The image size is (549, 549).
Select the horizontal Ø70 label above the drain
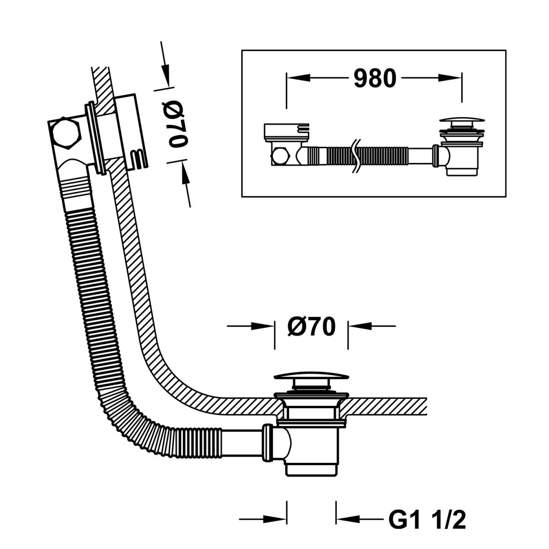[312, 326]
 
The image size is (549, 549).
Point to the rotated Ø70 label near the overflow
[178, 125]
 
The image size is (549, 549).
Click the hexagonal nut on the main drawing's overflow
[65, 133]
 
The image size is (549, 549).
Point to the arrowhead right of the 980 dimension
[450, 78]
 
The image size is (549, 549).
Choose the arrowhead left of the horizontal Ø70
[263, 326]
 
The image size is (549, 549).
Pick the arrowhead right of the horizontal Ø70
[360, 326]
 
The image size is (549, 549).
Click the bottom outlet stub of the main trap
[311, 471]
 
